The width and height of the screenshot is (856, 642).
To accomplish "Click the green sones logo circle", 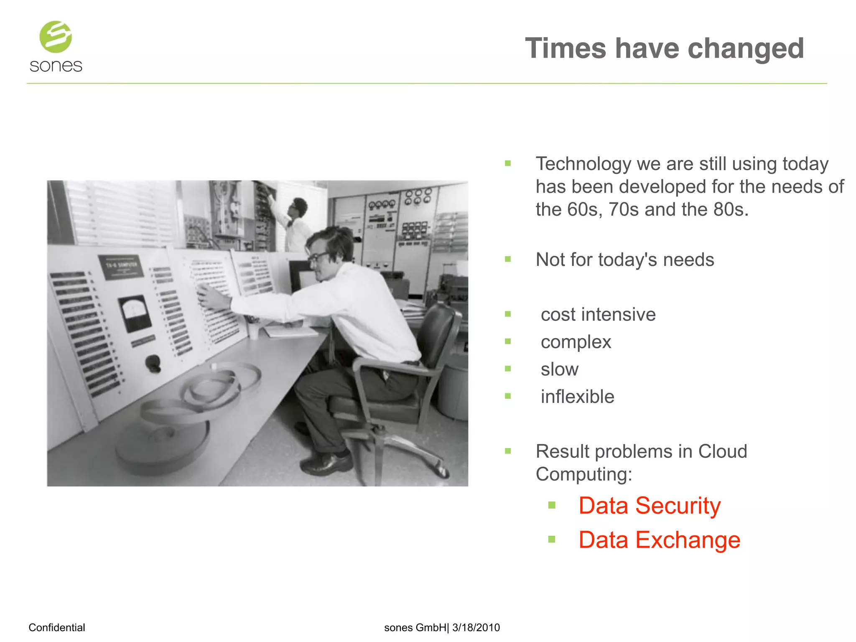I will click(56, 37).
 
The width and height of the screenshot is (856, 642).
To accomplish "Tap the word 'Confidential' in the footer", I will click(56, 627).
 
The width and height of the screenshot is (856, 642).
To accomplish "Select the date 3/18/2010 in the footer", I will click(476, 627).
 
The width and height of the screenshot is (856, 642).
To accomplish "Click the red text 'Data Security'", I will click(649, 506).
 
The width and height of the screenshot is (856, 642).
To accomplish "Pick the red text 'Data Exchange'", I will click(659, 540).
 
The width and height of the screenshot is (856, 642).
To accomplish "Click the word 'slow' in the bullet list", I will click(559, 369).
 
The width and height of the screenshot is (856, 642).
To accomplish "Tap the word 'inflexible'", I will click(577, 397).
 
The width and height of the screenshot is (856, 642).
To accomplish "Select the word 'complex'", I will click(576, 342).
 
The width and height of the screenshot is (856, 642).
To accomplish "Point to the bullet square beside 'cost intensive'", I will click(508, 314).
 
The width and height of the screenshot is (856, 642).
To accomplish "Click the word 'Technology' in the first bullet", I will click(583, 164).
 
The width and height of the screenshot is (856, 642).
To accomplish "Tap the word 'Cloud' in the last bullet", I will click(722, 451).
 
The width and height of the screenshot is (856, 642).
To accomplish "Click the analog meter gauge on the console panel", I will click(135, 312).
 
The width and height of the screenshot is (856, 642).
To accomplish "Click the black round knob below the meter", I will click(153, 363).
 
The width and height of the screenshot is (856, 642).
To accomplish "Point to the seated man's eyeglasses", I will click(318, 256).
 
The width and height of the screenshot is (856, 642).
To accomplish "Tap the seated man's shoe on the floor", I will click(326, 463).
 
